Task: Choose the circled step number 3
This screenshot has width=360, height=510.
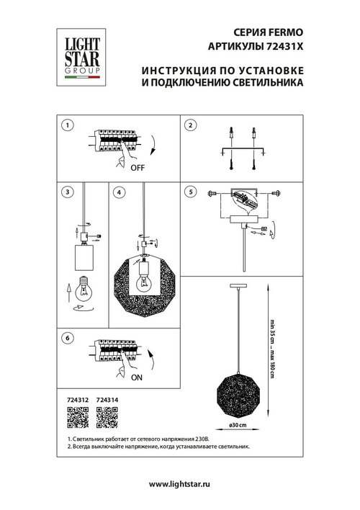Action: click(x=66, y=192)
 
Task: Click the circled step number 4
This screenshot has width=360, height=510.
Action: click(x=119, y=192)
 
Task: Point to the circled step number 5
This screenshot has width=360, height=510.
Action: click(x=190, y=192)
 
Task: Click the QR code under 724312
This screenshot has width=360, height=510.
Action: click(x=76, y=416)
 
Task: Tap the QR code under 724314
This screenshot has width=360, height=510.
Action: click(x=105, y=416)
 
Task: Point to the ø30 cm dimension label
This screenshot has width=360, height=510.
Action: click(x=238, y=425)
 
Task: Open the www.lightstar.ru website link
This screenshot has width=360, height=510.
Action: click(x=179, y=485)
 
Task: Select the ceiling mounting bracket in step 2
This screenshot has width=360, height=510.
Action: click(x=242, y=150)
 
